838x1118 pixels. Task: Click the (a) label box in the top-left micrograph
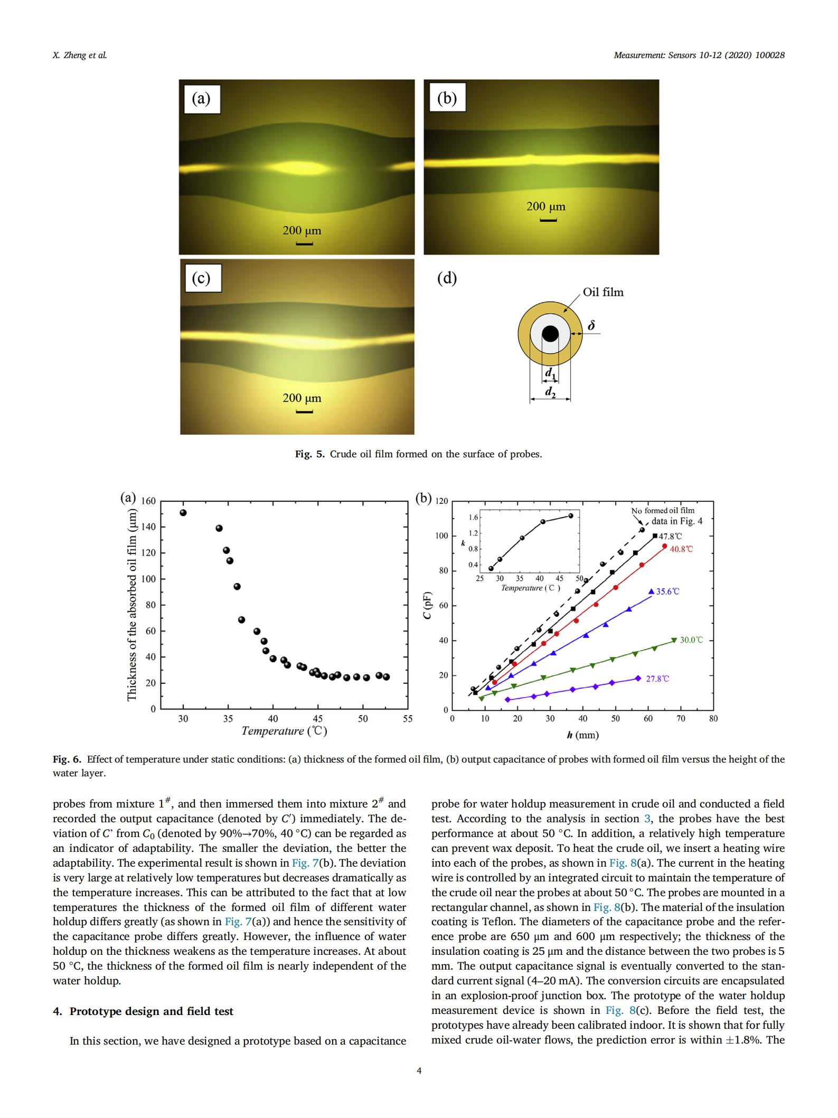pyautogui.click(x=202, y=99)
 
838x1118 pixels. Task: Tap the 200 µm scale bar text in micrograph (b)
pyautogui.click(x=545, y=206)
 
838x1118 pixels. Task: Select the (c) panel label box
pyautogui.click(x=203, y=278)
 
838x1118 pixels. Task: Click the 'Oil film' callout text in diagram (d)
pyautogui.click(x=603, y=292)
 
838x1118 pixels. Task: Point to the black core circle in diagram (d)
pyautogui.click(x=550, y=333)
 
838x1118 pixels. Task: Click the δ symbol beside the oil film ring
pyautogui.click(x=591, y=326)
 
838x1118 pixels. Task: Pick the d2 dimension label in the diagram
pyautogui.click(x=550, y=391)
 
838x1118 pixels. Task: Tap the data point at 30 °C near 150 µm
pyautogui.click(x=183, y=512)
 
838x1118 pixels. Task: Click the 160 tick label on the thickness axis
pyautogui.click(x=148, y=501)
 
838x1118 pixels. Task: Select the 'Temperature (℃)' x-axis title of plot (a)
pyautogui.click(x=284, y=731)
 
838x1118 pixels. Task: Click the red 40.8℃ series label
pyautogui.click(x=681, y=549)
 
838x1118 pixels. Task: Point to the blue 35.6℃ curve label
pyautogui.click(x=667, y=591)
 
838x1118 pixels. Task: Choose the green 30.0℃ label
pyautogui.click(x=691, y=640)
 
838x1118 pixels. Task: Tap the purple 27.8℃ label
pyautogui.click(x=657, y=679)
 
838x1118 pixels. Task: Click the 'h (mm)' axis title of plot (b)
pyautogui.click(x=582, y=735)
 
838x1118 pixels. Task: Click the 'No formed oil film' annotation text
pyautogui.click(x=663, y=510)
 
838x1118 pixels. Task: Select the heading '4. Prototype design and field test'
pyautogui.click(x=143, y=1011)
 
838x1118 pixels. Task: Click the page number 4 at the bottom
pyautogui.click(x=419, y=1071)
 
